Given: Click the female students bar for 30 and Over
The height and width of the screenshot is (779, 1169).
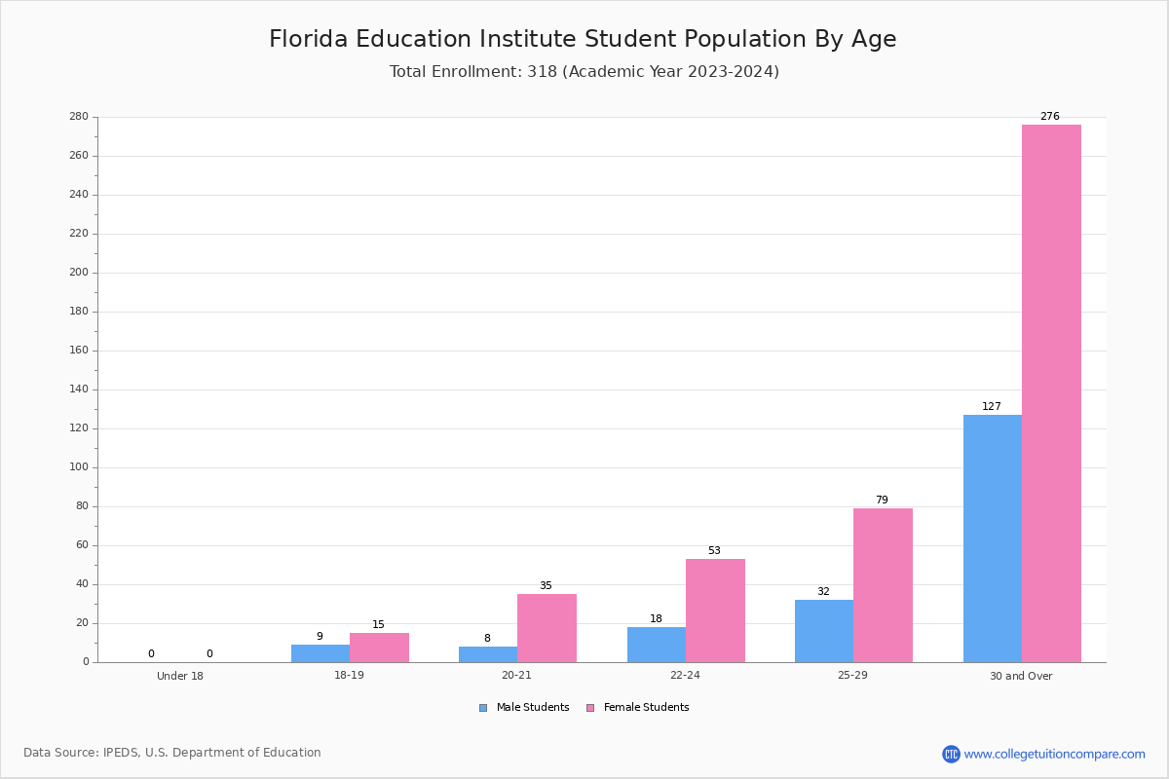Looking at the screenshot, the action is (x=1051, y=393).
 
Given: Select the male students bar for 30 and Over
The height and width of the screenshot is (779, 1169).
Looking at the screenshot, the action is (x=993, y=538).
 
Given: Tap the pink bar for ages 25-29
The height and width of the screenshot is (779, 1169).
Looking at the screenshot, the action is (x=883, y=585).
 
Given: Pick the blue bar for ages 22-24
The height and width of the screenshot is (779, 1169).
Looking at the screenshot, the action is (x=657, y=645).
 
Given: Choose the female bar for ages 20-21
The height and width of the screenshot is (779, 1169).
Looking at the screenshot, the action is (x=547, y=628).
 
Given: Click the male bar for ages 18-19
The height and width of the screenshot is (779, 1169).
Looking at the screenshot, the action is (x=321, y=653).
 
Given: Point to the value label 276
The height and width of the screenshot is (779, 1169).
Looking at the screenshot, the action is (x=1050, y=116).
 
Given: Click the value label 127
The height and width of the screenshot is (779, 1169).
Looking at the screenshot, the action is (x=992, y=406).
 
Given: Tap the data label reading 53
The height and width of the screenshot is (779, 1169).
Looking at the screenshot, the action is (x=714, y=550).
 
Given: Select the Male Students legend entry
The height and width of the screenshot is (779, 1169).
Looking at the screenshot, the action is (x=524, y=708).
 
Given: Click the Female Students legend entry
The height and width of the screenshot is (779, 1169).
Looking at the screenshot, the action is (x=638, y=708).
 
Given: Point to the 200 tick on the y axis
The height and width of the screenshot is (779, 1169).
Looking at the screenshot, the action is (x=79, y=273).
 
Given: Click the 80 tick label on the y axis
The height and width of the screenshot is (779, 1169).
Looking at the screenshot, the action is (x=83, y=505).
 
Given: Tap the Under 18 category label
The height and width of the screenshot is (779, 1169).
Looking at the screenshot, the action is (x=180, y=676).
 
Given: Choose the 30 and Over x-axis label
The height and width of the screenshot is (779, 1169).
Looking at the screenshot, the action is (x=1021, y=676).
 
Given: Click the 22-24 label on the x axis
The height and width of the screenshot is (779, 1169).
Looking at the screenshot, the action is (x=685, y=675).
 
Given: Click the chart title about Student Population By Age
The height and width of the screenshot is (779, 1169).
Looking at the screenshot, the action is (x=583, y=39).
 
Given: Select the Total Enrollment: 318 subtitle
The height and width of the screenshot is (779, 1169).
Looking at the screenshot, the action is (x=584, y=71).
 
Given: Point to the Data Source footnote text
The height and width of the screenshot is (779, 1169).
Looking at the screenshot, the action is (x=172, y=753).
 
